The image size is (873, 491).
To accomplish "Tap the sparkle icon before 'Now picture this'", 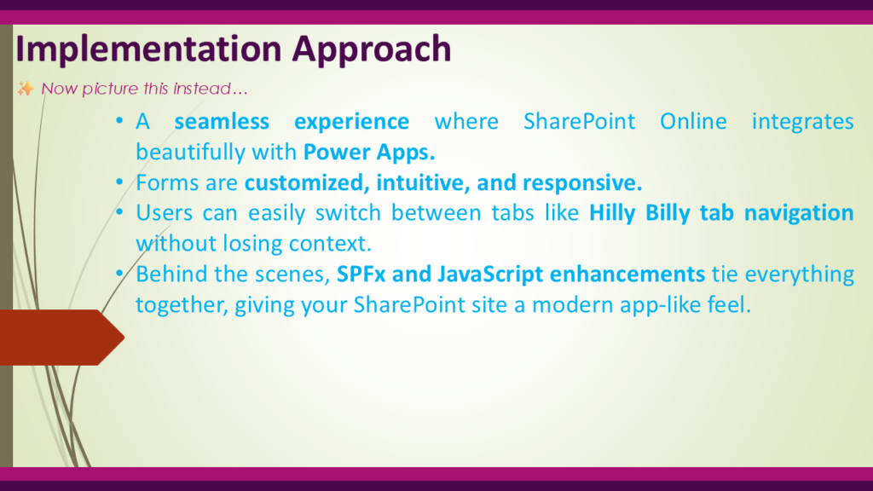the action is (25, 89).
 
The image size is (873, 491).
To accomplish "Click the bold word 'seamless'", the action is (222, 121).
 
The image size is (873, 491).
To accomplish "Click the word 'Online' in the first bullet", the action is (693, 121).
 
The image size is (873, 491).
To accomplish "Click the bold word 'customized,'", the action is (307, 182).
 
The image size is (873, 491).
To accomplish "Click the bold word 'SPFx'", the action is (361, 274).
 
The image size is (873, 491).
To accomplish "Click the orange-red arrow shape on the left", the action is (61, 338).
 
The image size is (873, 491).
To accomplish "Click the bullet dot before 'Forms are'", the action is (119, 182).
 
